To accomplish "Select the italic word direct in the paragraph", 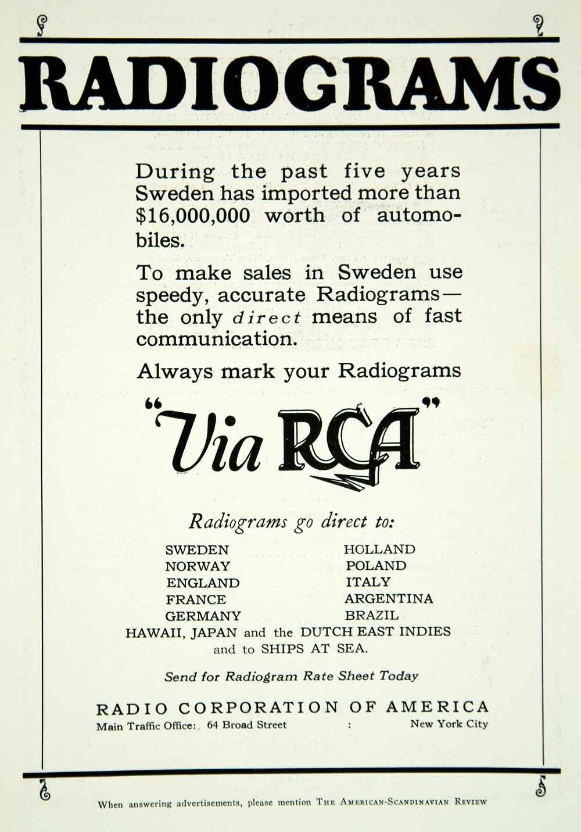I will (267, 318).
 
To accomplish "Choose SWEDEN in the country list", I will (197, 550).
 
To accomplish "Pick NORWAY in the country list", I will (198, 566).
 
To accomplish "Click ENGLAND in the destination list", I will (203, 583).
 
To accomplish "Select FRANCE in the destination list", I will (196, 599).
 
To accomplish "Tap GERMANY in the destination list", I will (203, 616).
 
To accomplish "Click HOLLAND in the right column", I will (379, 549).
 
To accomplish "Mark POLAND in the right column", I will (376, 566).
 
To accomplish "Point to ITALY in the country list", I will (368, 582).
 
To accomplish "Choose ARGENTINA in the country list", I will (389, 599).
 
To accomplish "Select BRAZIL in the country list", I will (372, 615).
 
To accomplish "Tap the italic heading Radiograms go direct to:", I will (291, 522).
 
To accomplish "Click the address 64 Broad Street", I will (247, 725).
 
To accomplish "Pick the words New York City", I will (449, 724).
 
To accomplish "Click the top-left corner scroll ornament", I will (41, 25).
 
